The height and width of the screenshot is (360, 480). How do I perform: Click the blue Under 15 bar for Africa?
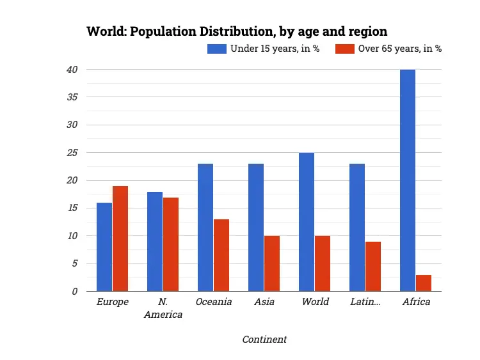(408, 180)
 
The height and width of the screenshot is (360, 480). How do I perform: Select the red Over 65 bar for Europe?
(120, 239)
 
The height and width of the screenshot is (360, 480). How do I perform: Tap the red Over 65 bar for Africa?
(424, 283)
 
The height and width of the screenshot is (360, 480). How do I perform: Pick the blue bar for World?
(307, 222)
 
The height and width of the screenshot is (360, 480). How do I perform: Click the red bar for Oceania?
(221, 255)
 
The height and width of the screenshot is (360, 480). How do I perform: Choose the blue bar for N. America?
(155, 241)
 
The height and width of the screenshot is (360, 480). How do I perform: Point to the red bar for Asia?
(272, 263)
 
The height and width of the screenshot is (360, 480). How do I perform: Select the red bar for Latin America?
(373, 266)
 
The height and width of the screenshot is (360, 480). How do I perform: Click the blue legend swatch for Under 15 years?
(216, 49)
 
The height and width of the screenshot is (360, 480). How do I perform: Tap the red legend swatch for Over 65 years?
(345, 49)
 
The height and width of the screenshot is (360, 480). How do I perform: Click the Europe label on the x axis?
(113, 302)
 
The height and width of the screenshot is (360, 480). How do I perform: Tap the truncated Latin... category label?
(365, 302)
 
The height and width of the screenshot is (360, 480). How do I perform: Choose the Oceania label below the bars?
(214, 302)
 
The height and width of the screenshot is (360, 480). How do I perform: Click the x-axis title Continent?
(264, 340)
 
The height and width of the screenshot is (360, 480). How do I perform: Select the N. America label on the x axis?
(163, 308)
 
